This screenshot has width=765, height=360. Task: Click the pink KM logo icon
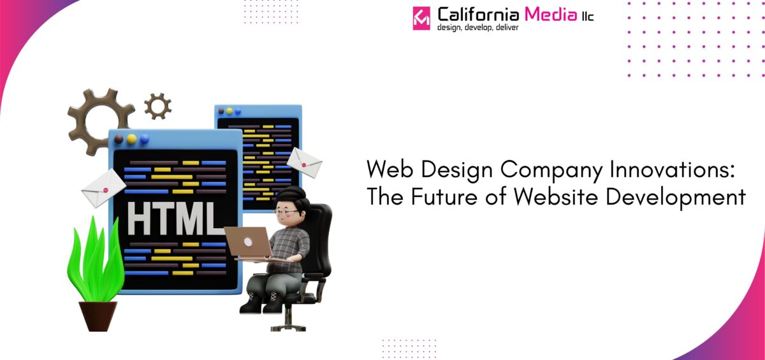421,17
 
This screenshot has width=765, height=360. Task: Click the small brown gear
157,106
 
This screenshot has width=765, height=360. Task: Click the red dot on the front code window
118,138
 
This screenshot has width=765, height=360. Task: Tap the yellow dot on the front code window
131,138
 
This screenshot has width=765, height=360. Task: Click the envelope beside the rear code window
304,162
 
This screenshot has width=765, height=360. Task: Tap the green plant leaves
96,261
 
